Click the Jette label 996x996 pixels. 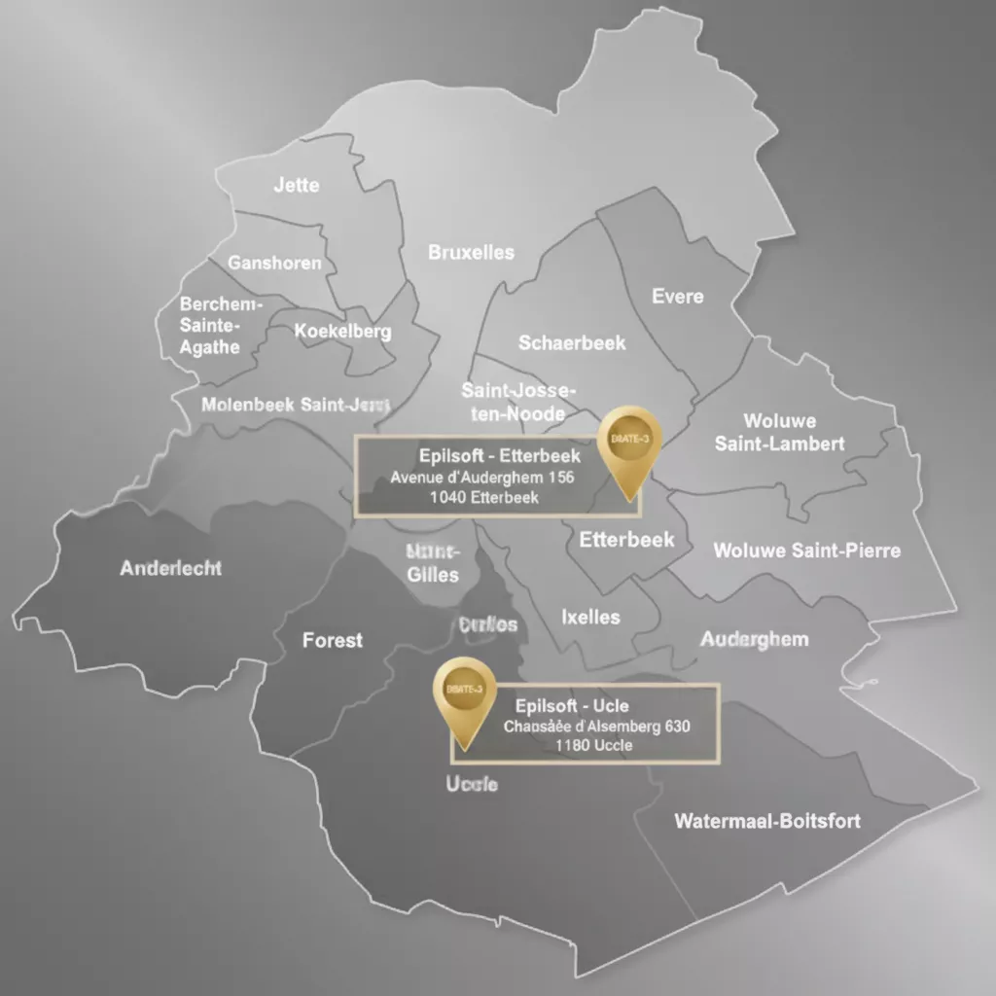point(297,185)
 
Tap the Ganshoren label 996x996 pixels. point(274,263)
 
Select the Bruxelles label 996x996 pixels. point(471,253)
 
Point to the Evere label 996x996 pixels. point(677,297)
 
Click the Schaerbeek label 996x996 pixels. point(572,343)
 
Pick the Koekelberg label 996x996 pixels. point(342,332)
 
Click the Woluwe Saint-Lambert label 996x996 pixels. point(779,433)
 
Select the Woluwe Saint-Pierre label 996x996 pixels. point(806,551)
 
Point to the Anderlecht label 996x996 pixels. point(170,568)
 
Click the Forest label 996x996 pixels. point(333,640)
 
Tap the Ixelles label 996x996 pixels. point(590,617)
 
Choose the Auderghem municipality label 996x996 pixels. point(754,640)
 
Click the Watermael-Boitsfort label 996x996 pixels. point(767,821)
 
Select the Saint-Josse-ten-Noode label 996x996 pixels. point(517,402)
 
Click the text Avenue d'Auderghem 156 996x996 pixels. point(482,478)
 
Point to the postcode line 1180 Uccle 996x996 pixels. point(593,746)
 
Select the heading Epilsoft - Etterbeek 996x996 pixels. point(499,455)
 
